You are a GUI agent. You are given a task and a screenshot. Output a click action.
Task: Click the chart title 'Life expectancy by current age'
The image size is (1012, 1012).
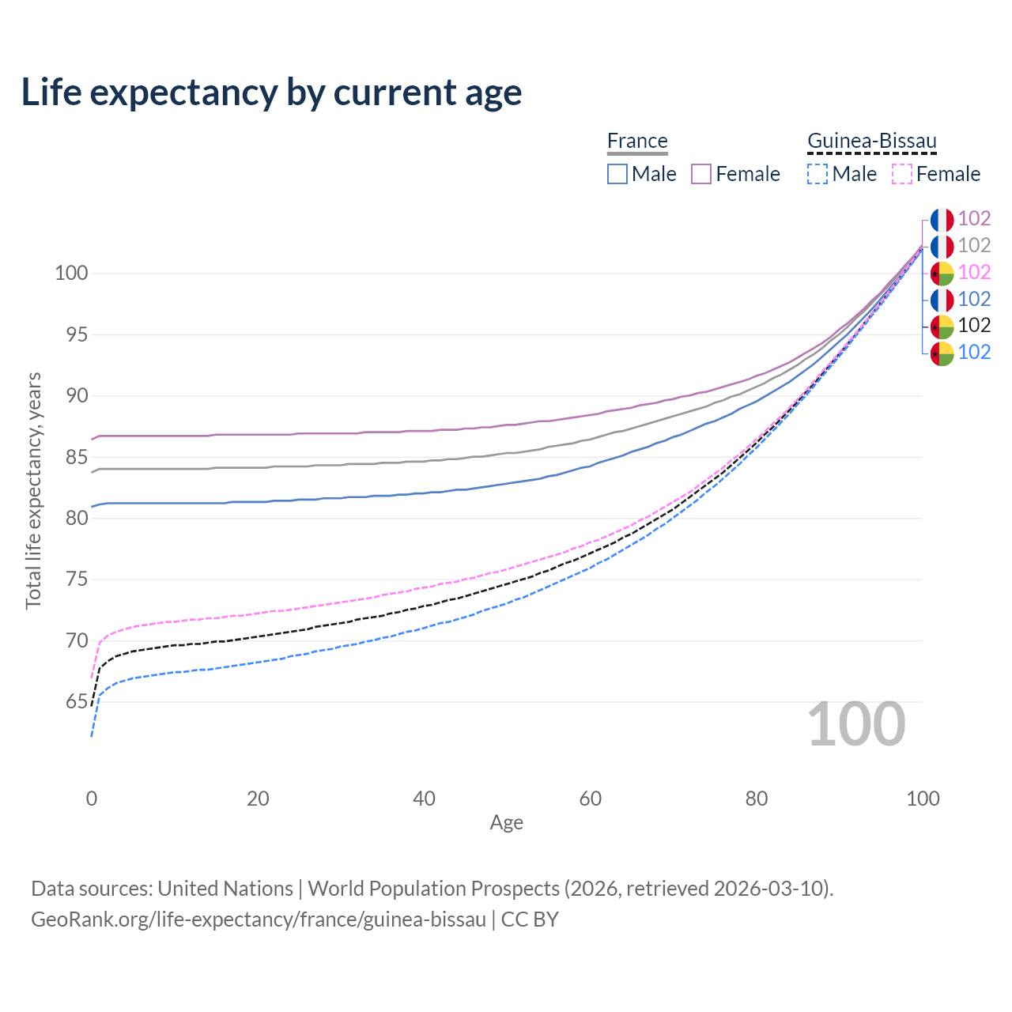coord(271,93)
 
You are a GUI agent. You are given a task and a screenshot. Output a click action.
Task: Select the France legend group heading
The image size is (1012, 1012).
coord(637,141)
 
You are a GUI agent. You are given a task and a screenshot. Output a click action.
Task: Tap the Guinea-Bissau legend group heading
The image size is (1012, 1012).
coord(871,141)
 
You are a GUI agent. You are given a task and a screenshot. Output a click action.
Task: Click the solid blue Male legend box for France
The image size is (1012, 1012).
coord(617,174)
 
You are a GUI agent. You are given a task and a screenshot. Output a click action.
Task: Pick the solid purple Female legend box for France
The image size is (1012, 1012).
coord(701,174)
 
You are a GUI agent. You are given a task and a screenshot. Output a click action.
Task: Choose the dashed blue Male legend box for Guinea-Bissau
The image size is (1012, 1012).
coord(818,174)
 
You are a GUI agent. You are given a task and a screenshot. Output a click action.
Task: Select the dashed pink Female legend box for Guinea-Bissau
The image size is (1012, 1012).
coord(901,174)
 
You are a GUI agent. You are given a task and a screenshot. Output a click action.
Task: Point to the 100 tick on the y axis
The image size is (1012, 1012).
coord(70,274)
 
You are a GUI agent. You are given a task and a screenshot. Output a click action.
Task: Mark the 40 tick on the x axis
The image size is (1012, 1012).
coord(424,799)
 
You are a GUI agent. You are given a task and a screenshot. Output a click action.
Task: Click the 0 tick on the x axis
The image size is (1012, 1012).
coord(92,799)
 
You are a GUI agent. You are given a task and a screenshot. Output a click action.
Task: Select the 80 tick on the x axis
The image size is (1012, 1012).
coord(757,799)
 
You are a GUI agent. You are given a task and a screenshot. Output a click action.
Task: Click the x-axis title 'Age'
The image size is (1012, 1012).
coord(506,823)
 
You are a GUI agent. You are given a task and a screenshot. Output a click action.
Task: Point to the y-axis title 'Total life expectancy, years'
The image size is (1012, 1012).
coord(33,491)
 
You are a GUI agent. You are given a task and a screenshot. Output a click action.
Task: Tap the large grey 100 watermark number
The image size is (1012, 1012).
coord(855,724)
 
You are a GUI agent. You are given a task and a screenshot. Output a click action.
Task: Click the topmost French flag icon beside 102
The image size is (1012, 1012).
coord(942,220)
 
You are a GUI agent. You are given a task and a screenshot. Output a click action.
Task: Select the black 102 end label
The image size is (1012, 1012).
coord(974,326)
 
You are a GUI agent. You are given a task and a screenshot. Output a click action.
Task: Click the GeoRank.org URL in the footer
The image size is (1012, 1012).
coord(259,919)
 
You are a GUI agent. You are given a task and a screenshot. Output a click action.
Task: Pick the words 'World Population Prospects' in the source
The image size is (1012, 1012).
coord(433,889)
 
